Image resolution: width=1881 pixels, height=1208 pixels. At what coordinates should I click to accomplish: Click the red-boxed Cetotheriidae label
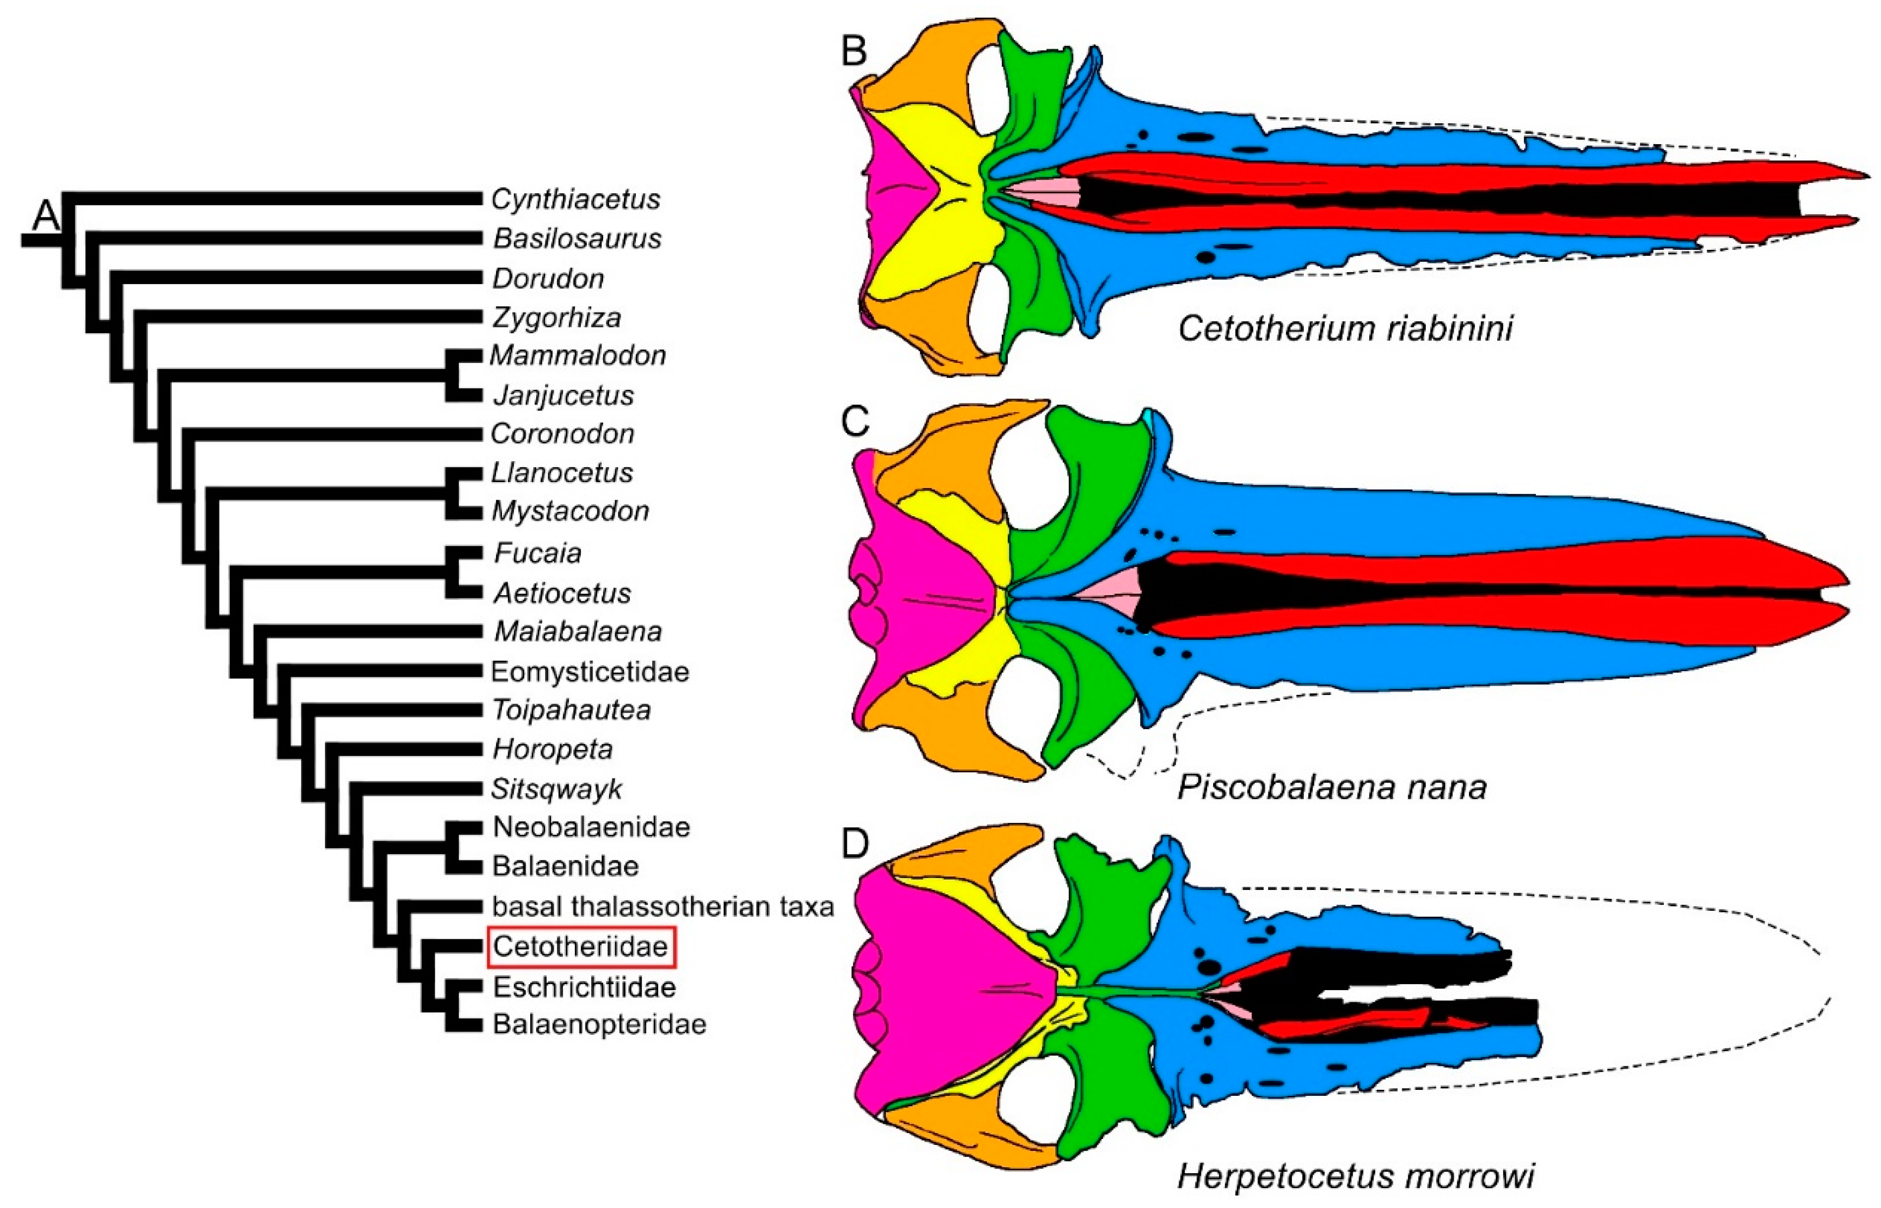580,947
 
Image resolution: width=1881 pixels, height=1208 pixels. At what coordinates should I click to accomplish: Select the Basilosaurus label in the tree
577,238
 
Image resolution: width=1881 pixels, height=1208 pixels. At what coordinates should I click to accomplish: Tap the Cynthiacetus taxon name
575,199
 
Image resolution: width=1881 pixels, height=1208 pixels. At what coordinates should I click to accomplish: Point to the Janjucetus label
563,395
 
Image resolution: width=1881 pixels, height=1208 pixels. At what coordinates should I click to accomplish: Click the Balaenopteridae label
599,1024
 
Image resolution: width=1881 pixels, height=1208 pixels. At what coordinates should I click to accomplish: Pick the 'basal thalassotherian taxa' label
663,907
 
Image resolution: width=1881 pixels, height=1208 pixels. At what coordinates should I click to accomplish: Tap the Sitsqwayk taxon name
557,789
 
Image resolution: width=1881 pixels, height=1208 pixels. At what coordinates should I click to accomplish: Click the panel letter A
45,215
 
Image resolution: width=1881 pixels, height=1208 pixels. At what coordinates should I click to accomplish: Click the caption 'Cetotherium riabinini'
1345,328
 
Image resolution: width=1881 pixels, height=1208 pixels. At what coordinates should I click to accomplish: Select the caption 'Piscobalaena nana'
1332,787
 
